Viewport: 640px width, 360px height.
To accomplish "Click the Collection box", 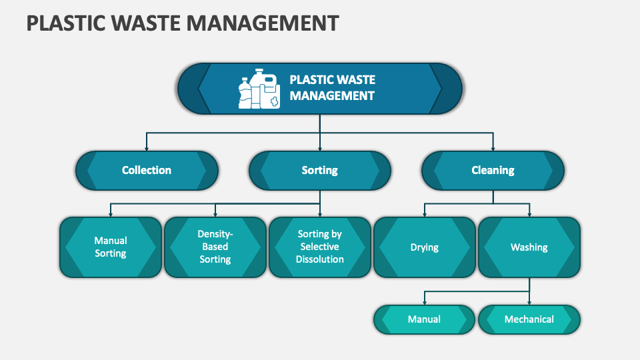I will pos(147,170).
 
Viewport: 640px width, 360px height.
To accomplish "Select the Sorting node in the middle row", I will pos(319,170).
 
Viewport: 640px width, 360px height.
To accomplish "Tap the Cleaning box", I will pos(493,170).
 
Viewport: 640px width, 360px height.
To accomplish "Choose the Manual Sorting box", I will pos(111,247).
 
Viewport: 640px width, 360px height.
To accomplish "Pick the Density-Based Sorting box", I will pos(215,247).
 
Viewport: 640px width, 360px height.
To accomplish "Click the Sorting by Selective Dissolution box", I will pos(320,247).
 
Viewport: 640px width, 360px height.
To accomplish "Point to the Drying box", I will pos(424,247).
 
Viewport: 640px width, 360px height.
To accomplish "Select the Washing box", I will pos(529,247).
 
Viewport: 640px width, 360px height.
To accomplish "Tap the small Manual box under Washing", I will pos(424,319).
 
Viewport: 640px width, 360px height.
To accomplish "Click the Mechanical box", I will pos(529,319).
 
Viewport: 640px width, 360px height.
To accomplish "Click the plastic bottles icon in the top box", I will pos(259,89).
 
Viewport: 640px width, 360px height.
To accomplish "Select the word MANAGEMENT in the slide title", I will pos(263,23).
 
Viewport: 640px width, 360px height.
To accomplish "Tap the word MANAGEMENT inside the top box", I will pos(332,95).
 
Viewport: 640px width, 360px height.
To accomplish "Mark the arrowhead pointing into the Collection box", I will pos(147,147).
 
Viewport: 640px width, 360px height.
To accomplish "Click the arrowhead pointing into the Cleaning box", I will pos(493,147).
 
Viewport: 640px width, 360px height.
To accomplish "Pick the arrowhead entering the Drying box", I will pos(425,214).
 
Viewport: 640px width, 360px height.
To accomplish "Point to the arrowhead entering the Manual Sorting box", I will pos(111,214).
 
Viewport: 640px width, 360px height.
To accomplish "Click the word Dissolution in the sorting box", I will pos(320,259).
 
